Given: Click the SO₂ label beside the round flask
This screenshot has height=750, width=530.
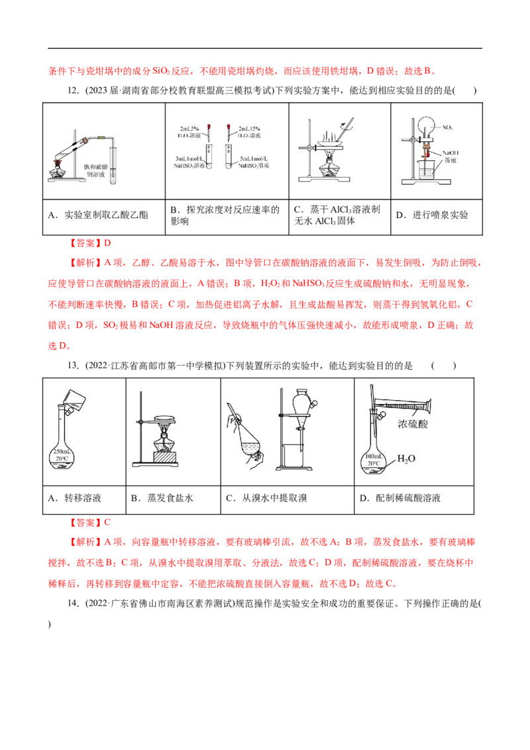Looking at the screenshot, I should [449, 126].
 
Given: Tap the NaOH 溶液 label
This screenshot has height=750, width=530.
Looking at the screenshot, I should [450, 156].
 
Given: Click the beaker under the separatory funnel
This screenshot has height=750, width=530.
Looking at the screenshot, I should [293, 456].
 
